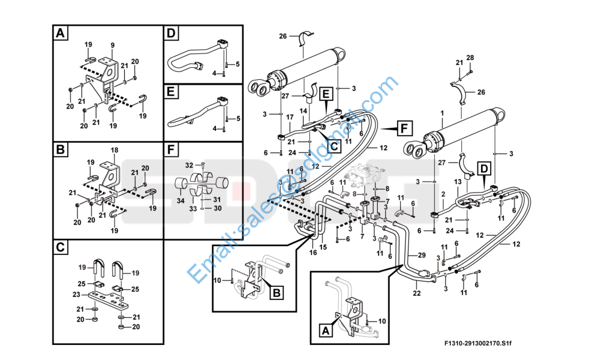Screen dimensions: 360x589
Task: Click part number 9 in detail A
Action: point(112,45)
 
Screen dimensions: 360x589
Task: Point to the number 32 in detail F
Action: point(190,164)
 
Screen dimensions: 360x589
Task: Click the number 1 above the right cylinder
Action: point(442,113)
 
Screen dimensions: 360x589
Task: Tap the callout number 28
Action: point(470,58)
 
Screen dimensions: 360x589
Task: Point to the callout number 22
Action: point(416,293)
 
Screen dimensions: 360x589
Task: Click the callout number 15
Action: point(323,247)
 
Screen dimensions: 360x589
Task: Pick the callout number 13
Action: point(456,181)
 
